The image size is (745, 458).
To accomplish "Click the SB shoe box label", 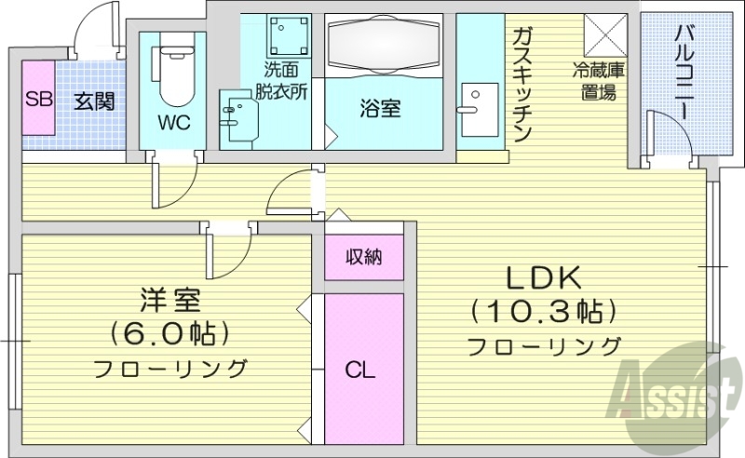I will [37, 99].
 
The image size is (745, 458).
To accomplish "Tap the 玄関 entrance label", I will [94, 99].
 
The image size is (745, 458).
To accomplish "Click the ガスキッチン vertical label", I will [522, 84].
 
